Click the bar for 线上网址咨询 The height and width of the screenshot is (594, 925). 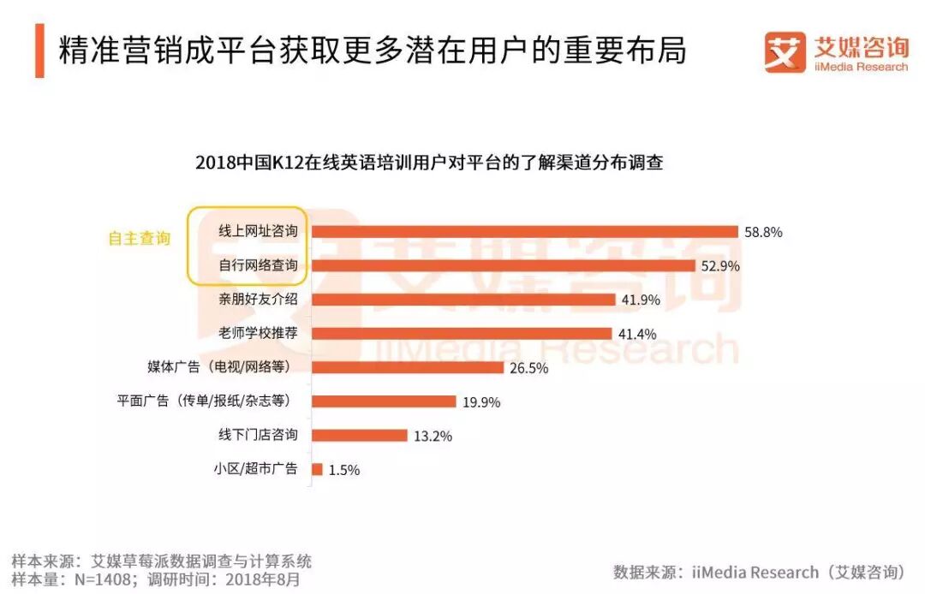(x=524, y=231)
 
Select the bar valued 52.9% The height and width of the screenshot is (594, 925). (x=503, y=265)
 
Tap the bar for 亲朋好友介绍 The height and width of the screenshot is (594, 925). (x=463, y=300)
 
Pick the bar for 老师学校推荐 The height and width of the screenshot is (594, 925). (x=462, y=333)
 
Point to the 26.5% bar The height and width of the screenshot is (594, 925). (x=408, y=367)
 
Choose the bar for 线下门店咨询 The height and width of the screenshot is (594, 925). (x=359, y=435)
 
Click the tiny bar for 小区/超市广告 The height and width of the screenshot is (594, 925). (x=317, y=469)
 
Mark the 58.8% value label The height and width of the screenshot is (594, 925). (x=763, y=232)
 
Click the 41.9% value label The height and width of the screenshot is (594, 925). (x=640, y=300)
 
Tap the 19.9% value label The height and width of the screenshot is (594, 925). (x=480, y=402)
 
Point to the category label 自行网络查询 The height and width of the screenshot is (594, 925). (x=258, y=266)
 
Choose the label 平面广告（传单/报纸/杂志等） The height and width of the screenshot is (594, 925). (x=206, y=401)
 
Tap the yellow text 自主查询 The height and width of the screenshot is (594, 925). (x=139, y=240)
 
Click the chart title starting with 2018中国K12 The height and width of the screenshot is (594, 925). (x=429, y=162)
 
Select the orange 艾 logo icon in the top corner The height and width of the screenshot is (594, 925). (x=785, y=52)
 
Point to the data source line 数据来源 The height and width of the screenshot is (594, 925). (x=759, y=572)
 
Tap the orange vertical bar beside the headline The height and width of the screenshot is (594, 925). (x=39, y=50)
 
